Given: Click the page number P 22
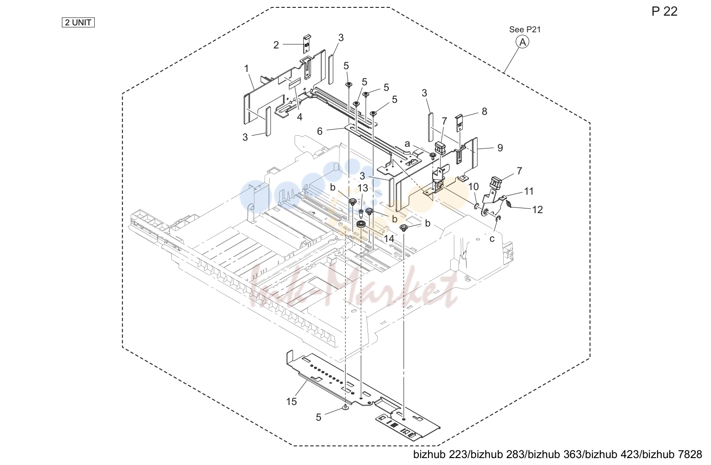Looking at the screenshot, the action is click(664, 12).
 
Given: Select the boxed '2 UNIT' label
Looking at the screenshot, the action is click(78, 23).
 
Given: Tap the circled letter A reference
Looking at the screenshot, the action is click(523, 42).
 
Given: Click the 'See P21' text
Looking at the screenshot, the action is click(524, 30).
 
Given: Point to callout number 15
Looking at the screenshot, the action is click(291, 401).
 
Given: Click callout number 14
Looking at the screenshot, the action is click(389, 239).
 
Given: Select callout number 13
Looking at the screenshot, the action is click(363, 188).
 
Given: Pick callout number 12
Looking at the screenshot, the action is click(537, 209).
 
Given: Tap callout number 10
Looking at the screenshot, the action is click(473, 187).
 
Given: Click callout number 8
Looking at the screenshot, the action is click(484, 111).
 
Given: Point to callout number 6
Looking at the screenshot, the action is click(319, 131).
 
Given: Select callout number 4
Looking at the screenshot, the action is click(300, 117).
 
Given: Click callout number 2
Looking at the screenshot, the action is click(276, 45).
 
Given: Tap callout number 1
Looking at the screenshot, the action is click(247, 69).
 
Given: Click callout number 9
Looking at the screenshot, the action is click(500, 148).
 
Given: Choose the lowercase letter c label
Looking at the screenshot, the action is click(492, 239).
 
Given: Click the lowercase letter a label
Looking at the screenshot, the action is click(407, 144).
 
